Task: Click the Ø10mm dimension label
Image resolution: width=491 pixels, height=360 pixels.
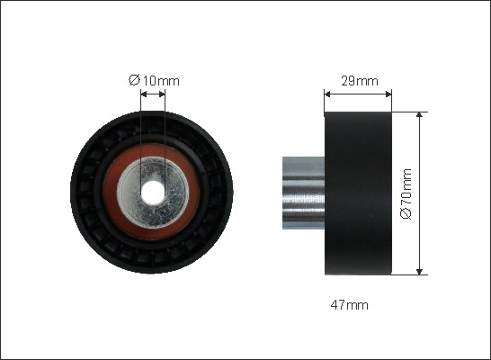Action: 154,80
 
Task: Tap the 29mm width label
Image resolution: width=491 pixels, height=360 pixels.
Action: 360,81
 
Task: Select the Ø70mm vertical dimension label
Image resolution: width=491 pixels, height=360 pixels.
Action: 406,193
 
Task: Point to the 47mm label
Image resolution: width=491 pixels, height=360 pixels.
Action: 350,305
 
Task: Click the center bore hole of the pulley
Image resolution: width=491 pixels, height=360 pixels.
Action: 153,192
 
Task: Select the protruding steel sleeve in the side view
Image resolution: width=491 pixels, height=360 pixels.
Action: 303,193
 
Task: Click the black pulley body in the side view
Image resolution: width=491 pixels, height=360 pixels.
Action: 358,193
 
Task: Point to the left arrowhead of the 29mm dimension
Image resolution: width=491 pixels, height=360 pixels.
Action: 327,94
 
